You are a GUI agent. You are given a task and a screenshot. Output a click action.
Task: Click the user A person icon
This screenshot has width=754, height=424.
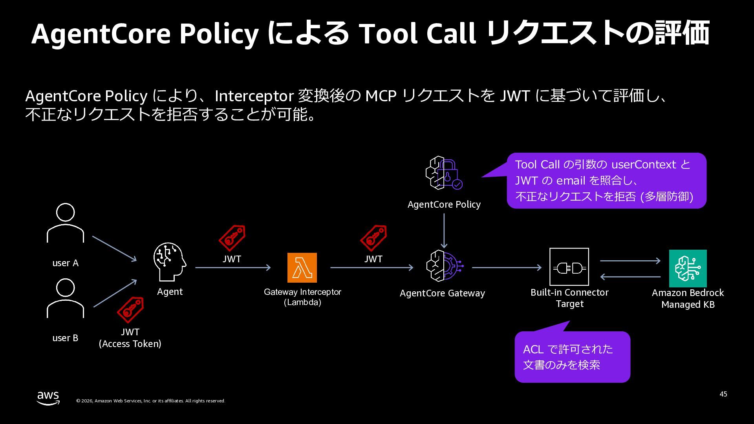coord(65,223)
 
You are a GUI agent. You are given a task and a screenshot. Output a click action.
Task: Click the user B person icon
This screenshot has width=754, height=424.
coord(65,298)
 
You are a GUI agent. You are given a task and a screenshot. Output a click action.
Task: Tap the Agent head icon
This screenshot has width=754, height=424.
coord(170,262)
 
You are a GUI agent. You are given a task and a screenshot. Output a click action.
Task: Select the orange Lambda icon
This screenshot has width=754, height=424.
coord(302,268)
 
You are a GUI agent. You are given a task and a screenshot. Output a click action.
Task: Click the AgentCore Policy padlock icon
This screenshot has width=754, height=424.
coord(444,173)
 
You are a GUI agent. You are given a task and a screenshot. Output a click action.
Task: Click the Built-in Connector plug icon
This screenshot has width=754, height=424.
coord(569,267)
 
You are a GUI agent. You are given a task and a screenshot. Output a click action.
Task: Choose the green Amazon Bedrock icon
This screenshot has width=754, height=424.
coord(688,269)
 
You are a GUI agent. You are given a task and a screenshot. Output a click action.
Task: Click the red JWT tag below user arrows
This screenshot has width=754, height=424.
coord(130,309)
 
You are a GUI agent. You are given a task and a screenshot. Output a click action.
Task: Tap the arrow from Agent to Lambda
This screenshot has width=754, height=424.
coord(233,268)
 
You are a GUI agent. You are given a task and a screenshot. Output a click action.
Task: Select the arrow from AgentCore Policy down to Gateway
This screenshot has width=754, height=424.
coord(444,231)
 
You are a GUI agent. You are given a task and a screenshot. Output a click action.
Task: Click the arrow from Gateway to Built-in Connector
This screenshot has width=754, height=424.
coord(507,268)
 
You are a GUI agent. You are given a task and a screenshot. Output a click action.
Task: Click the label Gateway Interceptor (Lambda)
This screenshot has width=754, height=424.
coord(302,297)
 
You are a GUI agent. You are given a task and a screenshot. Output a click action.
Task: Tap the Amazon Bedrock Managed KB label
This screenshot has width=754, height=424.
coord(688,298)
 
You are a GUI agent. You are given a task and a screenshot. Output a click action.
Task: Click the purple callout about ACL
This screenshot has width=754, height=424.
coord(572,356)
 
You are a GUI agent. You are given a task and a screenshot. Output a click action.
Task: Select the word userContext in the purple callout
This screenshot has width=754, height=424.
coord(644,164)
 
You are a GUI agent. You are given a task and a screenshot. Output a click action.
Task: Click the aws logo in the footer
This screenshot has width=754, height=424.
coord(48,398)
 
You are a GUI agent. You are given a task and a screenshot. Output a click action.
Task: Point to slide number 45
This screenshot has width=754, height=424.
coord(723,394)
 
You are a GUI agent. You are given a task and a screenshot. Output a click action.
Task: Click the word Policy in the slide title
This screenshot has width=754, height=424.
coord(219,34)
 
